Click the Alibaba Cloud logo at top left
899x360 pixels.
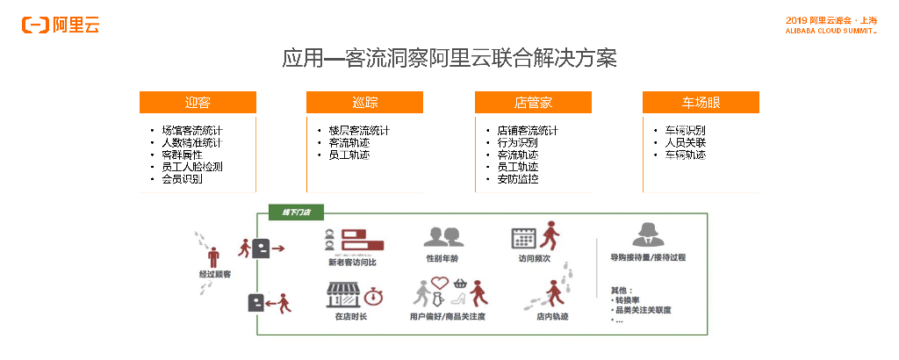coord(61,25)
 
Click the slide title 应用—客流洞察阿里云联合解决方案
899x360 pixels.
coord(449,59)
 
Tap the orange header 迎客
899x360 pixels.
coord(198,103)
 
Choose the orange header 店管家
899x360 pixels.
coord(533,103)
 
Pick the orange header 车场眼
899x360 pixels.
coord(701,103)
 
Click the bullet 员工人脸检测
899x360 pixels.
coord(192,167)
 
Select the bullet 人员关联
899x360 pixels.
coord(685,143)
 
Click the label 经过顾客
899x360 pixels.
coord(215,275)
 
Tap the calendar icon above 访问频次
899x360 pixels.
coord(524,238)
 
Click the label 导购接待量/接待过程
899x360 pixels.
coord(648,258)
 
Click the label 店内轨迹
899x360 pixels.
coord(552,316)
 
